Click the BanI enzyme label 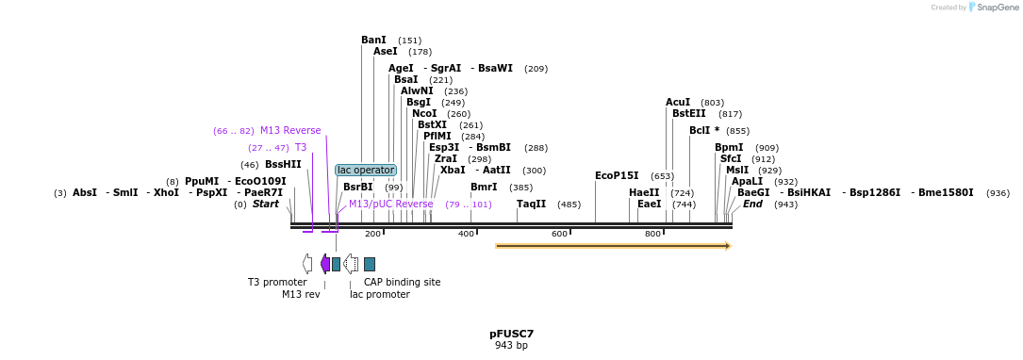point(373,40)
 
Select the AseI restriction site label point(386,51)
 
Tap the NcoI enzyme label point(424,113)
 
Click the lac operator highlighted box point(366,170)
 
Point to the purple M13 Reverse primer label point(290,130)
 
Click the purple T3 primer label point(301,147)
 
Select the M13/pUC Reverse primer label point(391,204)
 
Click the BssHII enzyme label point(283,164)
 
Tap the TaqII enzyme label point(531,204)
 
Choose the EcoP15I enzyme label point(617,175)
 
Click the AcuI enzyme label point(678,102)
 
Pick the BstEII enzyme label point(689,113)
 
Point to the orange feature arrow point(613,246)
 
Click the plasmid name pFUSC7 point(511,334)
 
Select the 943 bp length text point(511,345)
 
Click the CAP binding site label point(402,282)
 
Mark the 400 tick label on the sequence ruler point(466,234)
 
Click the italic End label point(752,204)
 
